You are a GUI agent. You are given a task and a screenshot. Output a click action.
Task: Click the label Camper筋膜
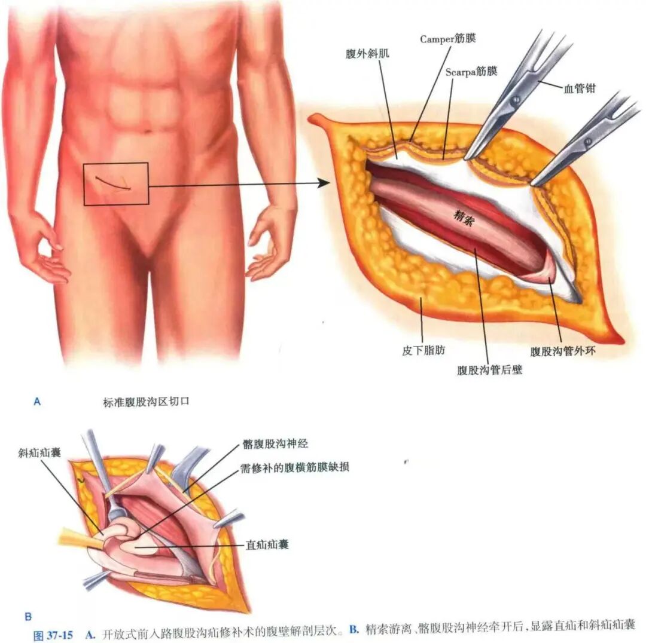pyautogui.click(x=448, y=39)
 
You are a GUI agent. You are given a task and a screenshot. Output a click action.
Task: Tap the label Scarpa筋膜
pyautogui.click(x=471, y=72)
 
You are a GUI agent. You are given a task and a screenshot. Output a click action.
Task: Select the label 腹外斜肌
pyautogui.click(x=367, y=54)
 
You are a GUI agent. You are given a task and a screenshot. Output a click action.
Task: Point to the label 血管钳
pyautogui.click(x=580, y=88)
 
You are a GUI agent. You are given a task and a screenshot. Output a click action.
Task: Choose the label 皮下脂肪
pyautogui.click(x=423, y=350)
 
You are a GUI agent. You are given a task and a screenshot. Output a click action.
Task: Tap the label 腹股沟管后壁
pyautogui.click(x=489, y=370)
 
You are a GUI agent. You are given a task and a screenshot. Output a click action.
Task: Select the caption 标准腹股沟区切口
pyautogui.click(x=146, y=402)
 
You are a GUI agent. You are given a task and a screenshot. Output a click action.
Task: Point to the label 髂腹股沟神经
pyautogui.click(x=275, y=444)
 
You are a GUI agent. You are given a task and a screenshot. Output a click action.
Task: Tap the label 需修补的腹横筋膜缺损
pyautogui.click(x=294, y=467)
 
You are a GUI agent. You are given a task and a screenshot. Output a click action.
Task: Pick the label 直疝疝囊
pyautogui.click(x=267, y=545)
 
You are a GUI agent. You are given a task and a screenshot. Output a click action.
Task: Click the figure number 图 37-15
pyautogui.click(x=53, y=635)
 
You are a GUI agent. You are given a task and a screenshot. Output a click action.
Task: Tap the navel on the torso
pyautogui.click(x=147, y=131)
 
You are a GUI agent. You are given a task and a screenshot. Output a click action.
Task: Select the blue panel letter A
pyautogui.click(x=37, y=402)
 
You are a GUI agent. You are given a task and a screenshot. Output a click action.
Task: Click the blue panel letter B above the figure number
pyautogui.click(x=28, y=617)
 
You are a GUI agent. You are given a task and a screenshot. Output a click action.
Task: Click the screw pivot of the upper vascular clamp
pyautogui.click(x=514, y=99)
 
